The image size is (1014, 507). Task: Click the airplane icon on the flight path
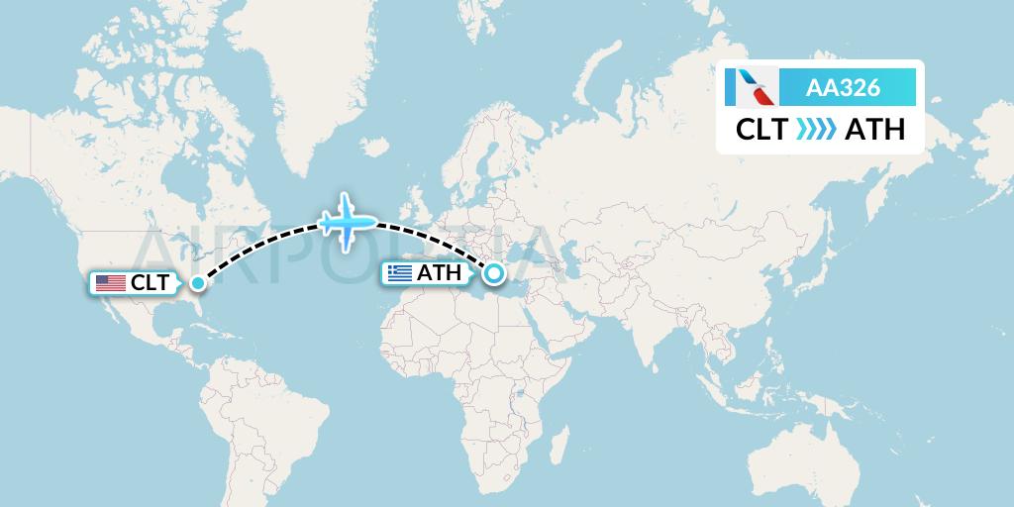pyautogui.click(x=347, y=221)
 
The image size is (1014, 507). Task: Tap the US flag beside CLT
pyautogui.click(x=110, y=283)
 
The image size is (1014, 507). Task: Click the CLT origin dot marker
pyautogui.click(x=197, y=283)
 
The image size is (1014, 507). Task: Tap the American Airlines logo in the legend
pyautogui.click(x=751, y=89)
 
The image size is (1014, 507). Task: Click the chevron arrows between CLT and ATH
pyautogui.click(x=815, y=129)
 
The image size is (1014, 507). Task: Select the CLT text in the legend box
pyautogui.click(x=761, y=129)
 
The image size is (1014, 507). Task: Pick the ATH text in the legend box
pyautogui.click(x=874, y=129)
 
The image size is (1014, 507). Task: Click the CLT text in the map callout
pyautogui.click(x=150, y=283)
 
